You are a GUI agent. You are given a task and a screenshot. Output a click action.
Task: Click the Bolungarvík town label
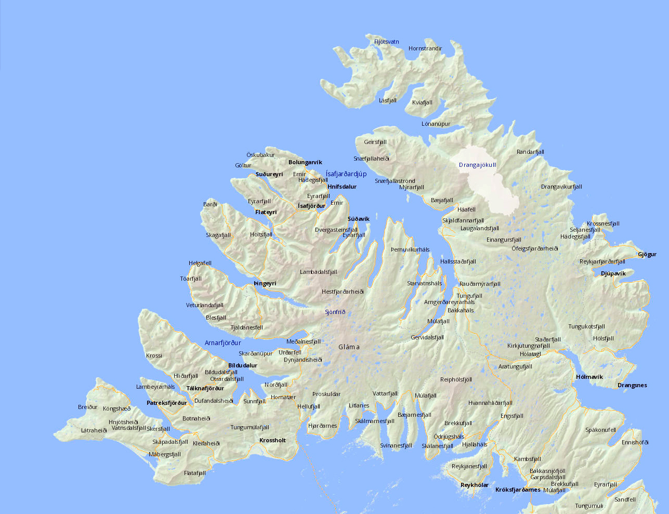pos(305,163)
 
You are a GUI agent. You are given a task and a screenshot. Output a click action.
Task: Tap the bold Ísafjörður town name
pos(311,206)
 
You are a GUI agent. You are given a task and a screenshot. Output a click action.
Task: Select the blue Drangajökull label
pos(477,165)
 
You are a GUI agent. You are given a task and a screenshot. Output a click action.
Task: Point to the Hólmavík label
pos(589,377)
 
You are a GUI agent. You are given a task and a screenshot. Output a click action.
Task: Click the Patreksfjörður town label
pos(166,403)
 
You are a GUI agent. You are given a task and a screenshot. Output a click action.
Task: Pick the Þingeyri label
pos(265,284)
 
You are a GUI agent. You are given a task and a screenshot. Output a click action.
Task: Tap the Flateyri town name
pos(266,213)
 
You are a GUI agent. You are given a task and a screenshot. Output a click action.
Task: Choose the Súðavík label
pos(359,219)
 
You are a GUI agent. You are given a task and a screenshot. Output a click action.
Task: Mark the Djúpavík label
pos(613,273)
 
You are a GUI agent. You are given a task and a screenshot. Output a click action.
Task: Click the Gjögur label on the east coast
pos(647,255)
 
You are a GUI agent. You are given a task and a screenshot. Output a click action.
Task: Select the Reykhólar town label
pos(475,485)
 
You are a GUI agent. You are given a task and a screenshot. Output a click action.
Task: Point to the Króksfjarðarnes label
pos(518,490)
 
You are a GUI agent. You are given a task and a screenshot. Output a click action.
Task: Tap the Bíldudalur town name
pos(243,366)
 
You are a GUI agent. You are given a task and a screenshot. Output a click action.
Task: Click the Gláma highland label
pos(349,347)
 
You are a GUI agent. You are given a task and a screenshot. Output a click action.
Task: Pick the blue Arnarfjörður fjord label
pos(223,343)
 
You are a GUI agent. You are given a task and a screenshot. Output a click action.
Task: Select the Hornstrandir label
pos(425,49)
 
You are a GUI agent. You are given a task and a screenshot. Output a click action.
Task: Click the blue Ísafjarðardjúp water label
pos(346,174)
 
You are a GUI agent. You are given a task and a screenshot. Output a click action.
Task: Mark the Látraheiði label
pos(94,430)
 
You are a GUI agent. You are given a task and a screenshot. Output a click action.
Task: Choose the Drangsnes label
pos(632,386)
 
